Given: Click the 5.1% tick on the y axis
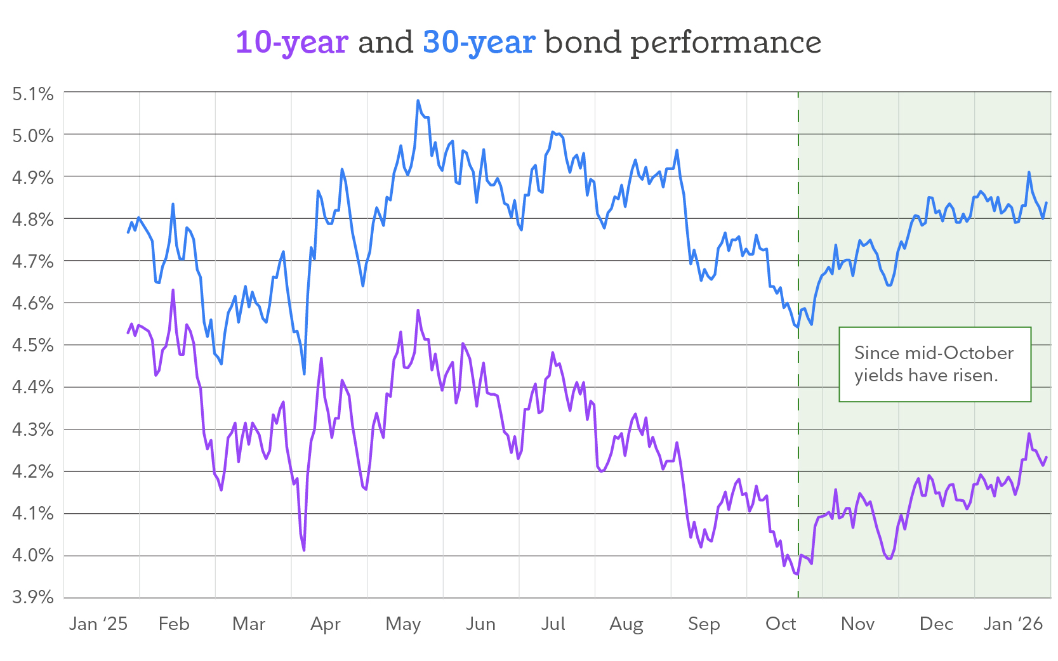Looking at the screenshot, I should pos(33,94).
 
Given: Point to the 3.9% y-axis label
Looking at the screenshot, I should pos(33,597).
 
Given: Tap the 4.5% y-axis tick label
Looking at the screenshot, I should pos(33,345).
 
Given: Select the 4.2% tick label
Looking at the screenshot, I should pos(33,471).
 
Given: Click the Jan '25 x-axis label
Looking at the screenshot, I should pos(98,624).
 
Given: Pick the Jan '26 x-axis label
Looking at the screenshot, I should pos(1013,624).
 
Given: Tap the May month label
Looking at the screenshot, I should pos(403,624).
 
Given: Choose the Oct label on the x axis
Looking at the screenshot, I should pos(781,624).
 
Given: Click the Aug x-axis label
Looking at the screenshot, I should pos(626,624).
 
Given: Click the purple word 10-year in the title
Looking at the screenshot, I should pos(291,43).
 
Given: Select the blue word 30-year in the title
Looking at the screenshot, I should pos(479,43).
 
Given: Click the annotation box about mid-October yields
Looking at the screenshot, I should pos(934,364).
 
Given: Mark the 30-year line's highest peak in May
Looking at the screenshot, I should pos(418,100).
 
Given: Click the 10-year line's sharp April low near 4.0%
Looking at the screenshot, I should pos(304,550).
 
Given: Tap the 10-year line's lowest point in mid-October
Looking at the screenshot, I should pos(797,575).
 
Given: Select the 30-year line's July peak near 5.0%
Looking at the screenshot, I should pos(553,132).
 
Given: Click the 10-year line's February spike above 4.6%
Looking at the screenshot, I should pos(173,291).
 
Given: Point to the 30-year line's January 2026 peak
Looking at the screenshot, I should pos(1029,172).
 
